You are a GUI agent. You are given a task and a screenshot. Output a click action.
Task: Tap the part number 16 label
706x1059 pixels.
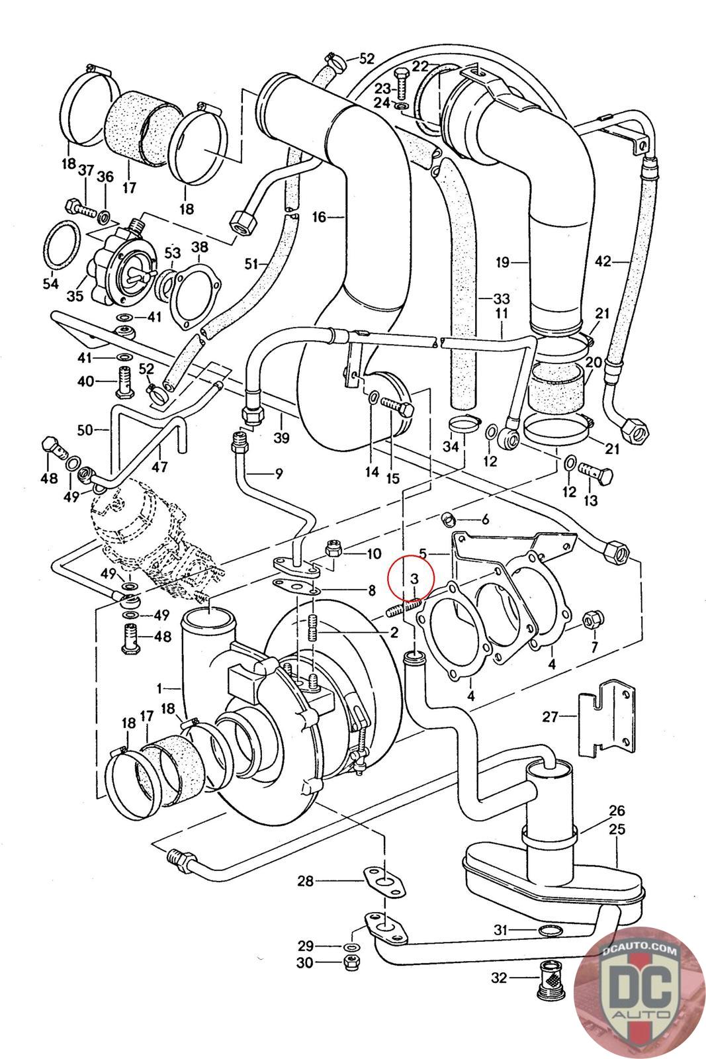coord(320,216)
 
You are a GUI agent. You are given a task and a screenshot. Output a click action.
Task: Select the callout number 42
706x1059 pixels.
coord(603,261)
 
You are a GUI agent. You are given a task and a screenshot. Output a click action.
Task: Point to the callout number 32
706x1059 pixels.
coord(500,976)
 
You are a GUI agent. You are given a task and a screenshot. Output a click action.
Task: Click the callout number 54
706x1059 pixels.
coord(51,284)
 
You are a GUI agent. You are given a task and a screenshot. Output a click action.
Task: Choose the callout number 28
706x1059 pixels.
coord(305,881)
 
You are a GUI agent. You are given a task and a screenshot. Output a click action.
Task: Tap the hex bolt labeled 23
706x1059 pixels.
coord(402,80)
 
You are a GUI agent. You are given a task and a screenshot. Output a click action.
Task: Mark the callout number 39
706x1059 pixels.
coord(282,439)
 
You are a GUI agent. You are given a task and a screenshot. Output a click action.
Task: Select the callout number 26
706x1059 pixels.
coord(617,811)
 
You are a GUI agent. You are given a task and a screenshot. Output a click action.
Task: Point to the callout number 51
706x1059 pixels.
coord(251,264)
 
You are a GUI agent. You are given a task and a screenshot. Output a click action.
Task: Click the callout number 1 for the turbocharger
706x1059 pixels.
coord(159,688)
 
